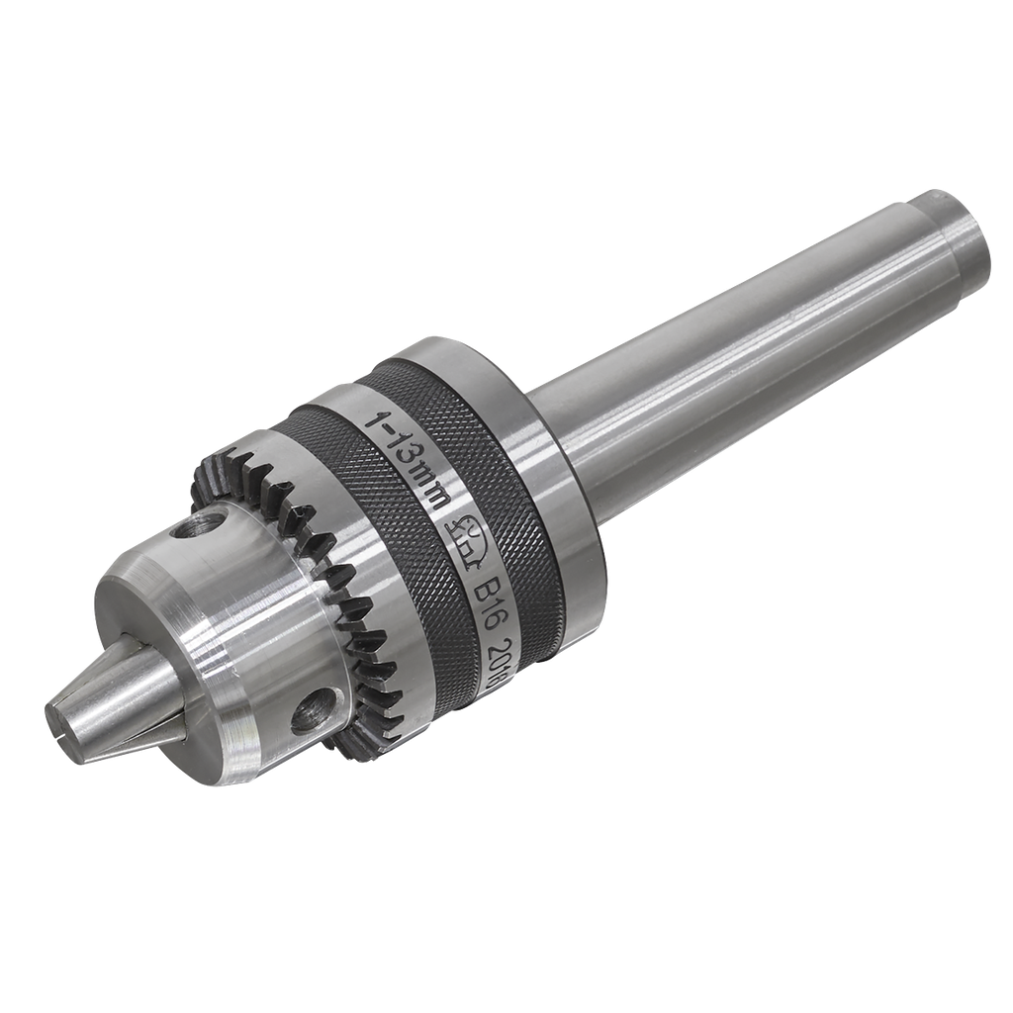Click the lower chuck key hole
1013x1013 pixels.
coord(312,709)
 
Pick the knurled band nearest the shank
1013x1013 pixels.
coord(495,465)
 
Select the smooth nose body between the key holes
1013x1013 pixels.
coord(247,613)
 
